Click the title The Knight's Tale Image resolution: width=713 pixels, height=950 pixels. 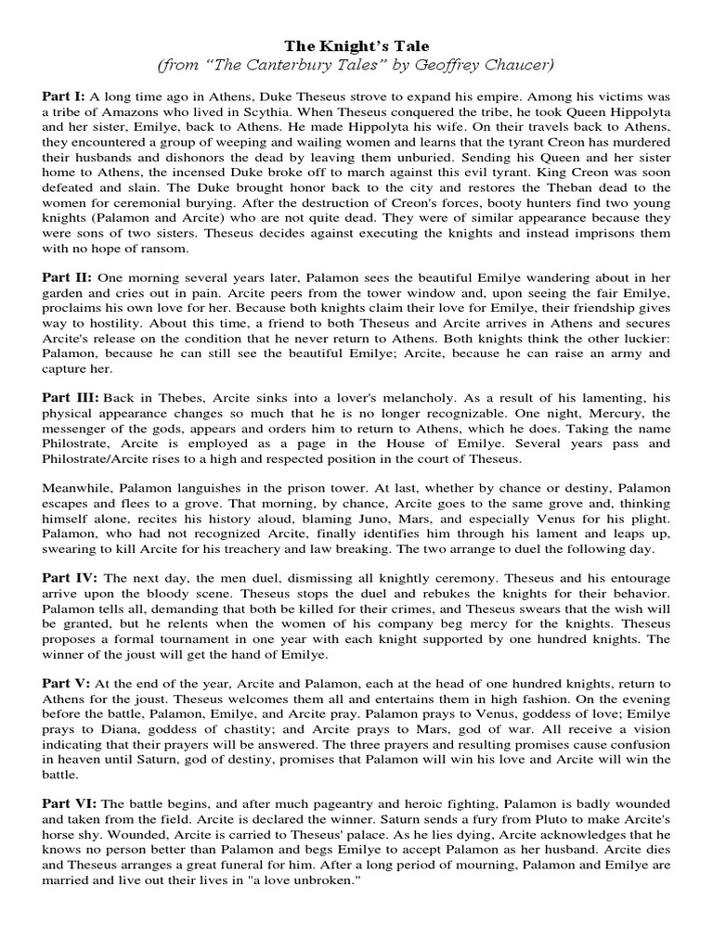click(356, 45)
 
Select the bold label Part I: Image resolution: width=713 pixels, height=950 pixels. click(62, 96)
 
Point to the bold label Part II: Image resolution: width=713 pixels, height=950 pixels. click(66, 277)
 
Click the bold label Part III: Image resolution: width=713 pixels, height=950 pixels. click(70, 397)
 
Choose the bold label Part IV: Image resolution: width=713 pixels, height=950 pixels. click(69, 577)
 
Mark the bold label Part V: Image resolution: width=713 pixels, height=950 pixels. click(65, 682)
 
